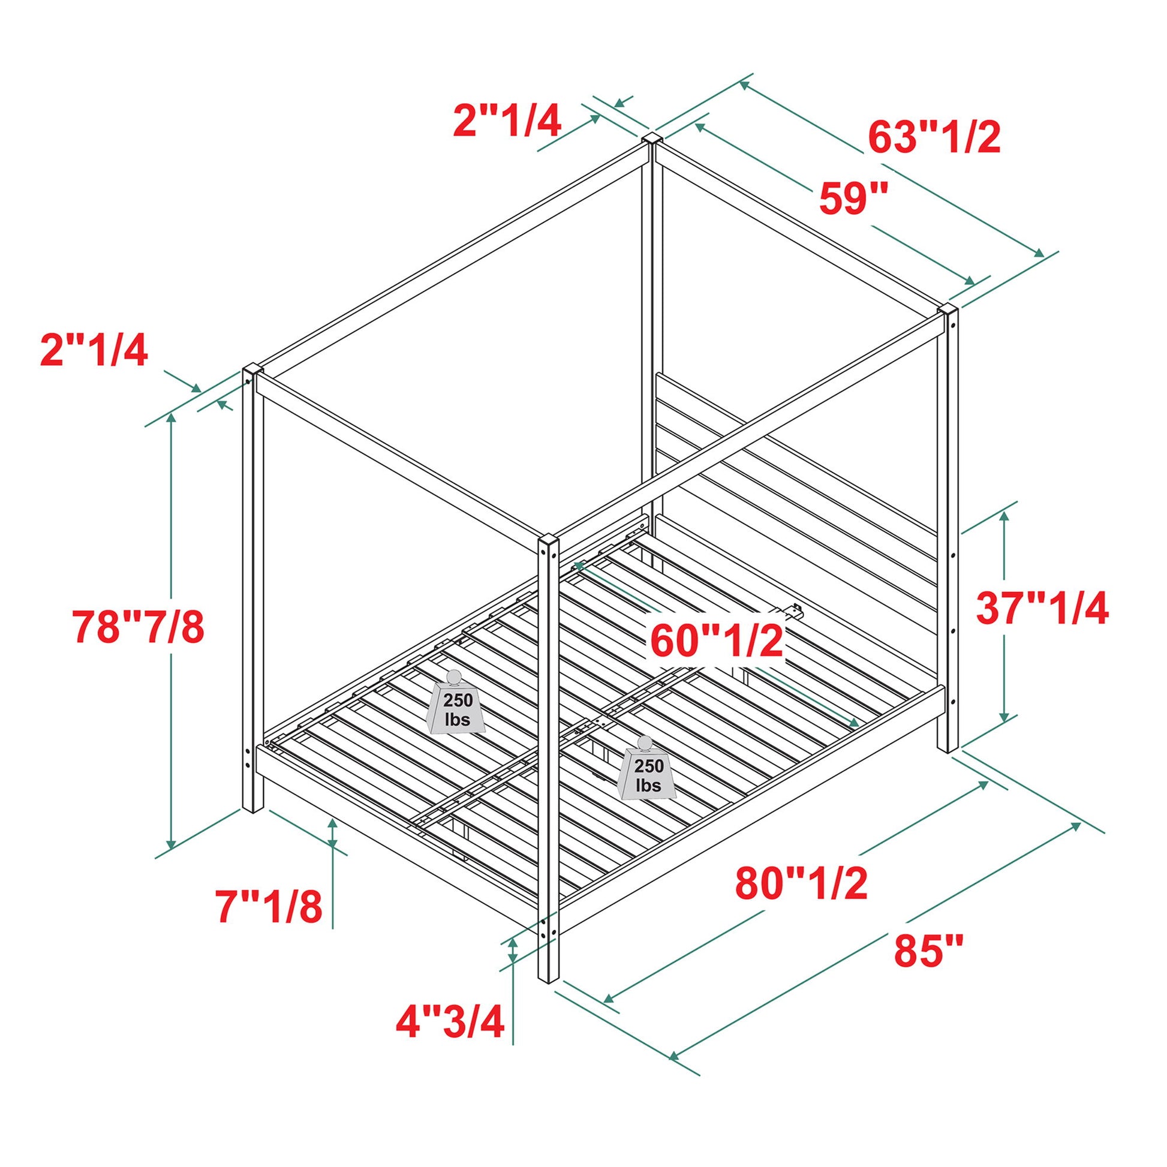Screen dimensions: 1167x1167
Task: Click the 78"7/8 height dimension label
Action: tap(139, 627)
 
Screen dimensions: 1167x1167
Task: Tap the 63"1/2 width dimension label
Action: tap(934, 138)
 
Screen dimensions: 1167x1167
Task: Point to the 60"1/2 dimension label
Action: tap(717, 642)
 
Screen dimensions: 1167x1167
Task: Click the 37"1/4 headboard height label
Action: tap(1042, 608)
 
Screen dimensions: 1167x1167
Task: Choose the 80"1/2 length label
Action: tap(801, 883)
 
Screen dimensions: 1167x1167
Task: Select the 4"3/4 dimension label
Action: tap(450, 1021)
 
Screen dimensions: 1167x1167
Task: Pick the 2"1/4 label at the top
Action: tap(507, 121)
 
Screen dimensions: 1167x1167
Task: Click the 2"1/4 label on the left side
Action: tap(94, 351)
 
